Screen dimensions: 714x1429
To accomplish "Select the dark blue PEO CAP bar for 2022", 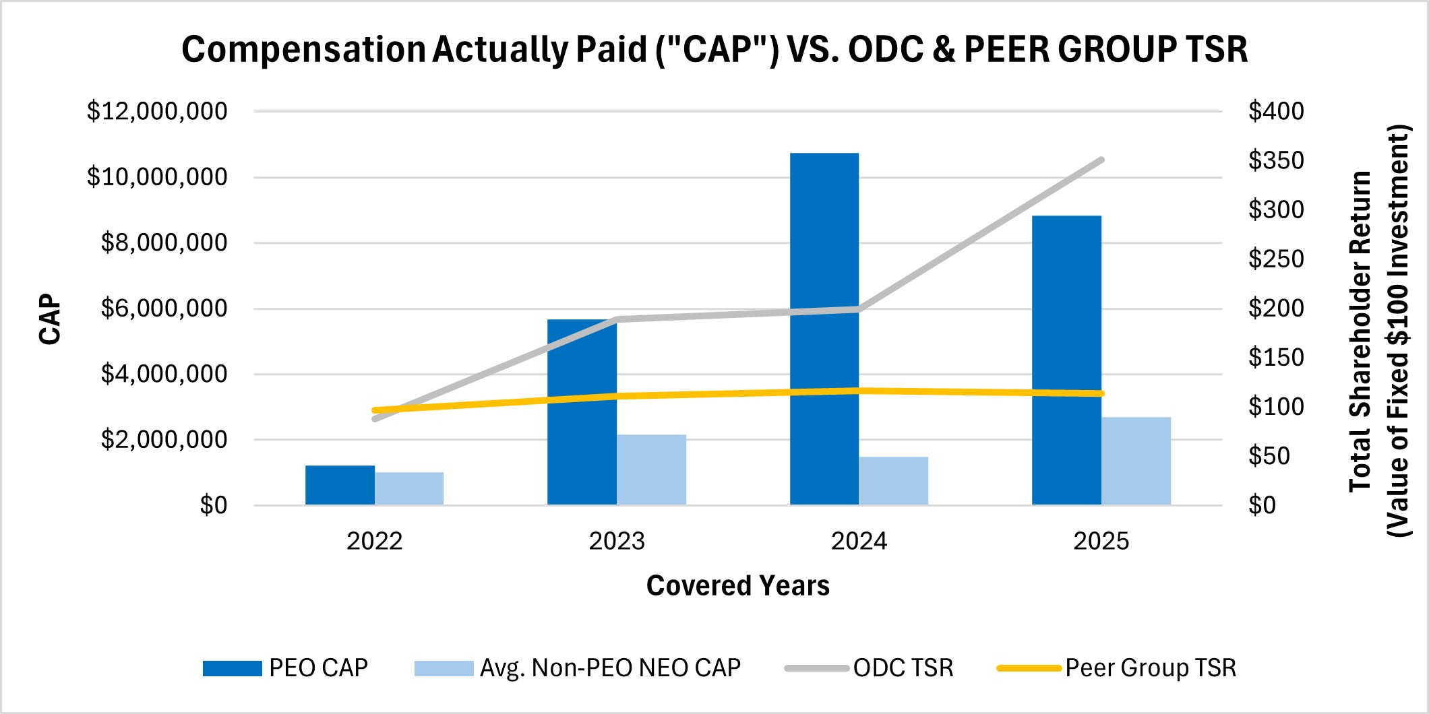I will [340, 485].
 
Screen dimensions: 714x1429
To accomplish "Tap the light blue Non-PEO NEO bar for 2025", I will [1136, 461].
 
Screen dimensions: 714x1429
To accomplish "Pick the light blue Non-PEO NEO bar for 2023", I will [651, 469].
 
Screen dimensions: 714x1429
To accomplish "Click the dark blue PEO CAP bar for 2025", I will [1066, 360].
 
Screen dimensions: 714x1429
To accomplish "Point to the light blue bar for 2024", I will [893, 480].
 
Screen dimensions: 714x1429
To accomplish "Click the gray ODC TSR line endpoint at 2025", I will [1101, 160].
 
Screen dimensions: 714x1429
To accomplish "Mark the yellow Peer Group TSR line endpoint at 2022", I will [375, 410].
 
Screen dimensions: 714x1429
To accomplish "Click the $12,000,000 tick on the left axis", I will [157, 111].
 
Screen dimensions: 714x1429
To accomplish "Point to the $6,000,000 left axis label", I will [164, 309].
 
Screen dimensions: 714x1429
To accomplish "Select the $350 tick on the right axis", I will [1275, 160].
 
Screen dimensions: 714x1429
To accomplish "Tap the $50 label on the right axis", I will [1269, 456].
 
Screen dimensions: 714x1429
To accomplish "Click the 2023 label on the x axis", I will [617, 541].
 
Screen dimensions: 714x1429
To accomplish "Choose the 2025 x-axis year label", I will [1101, 541].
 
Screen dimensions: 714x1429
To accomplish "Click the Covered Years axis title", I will [737, 585].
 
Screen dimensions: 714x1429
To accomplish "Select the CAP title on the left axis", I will [50, 319].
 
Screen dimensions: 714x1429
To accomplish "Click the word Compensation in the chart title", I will [303, 50].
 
